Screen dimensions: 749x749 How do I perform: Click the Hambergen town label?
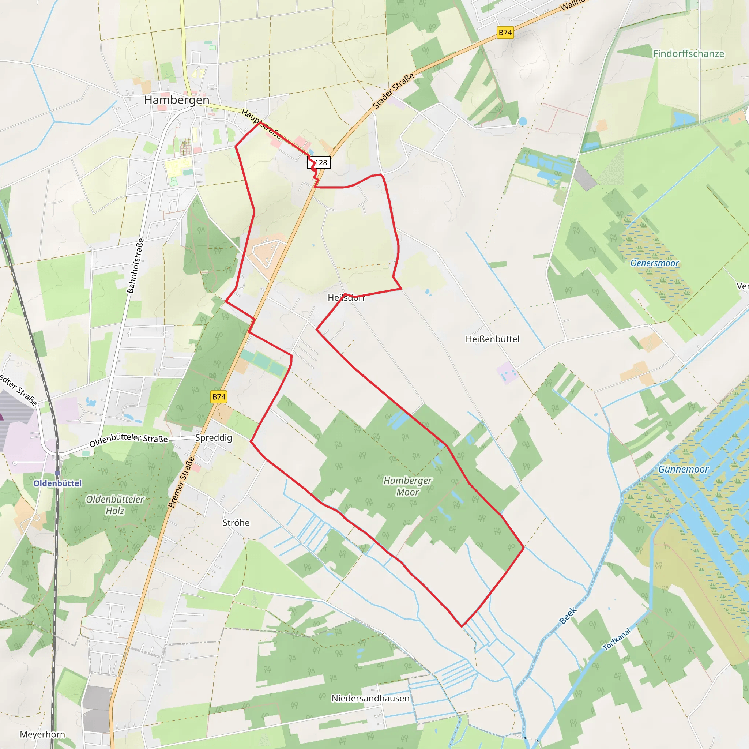tap(176, 100)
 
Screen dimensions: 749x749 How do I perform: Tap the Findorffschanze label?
tap(688, 53)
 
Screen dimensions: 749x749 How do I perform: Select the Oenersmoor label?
tap(654, 263)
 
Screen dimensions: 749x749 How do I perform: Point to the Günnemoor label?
tap(683, 469)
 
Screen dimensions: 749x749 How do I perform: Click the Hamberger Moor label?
tap(407, 486)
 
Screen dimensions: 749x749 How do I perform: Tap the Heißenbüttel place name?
tap(492, 339)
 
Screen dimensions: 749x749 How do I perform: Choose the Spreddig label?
tap(213, 438)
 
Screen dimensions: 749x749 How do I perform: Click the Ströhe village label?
tap(236, 523)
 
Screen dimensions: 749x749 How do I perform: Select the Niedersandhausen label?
tap(370, 698)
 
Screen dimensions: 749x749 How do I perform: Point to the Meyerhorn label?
tap(42, 734)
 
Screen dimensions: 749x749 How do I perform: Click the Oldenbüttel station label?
tap(57, 483)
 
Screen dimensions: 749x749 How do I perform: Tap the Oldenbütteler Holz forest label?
tap(115, 505)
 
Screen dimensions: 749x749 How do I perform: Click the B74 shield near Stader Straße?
tap(505, 33)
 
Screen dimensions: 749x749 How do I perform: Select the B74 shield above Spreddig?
tap(219, 396)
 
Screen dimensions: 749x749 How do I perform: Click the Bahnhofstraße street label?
tap(135, 266)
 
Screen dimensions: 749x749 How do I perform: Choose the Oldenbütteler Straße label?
tap(128, 440)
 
